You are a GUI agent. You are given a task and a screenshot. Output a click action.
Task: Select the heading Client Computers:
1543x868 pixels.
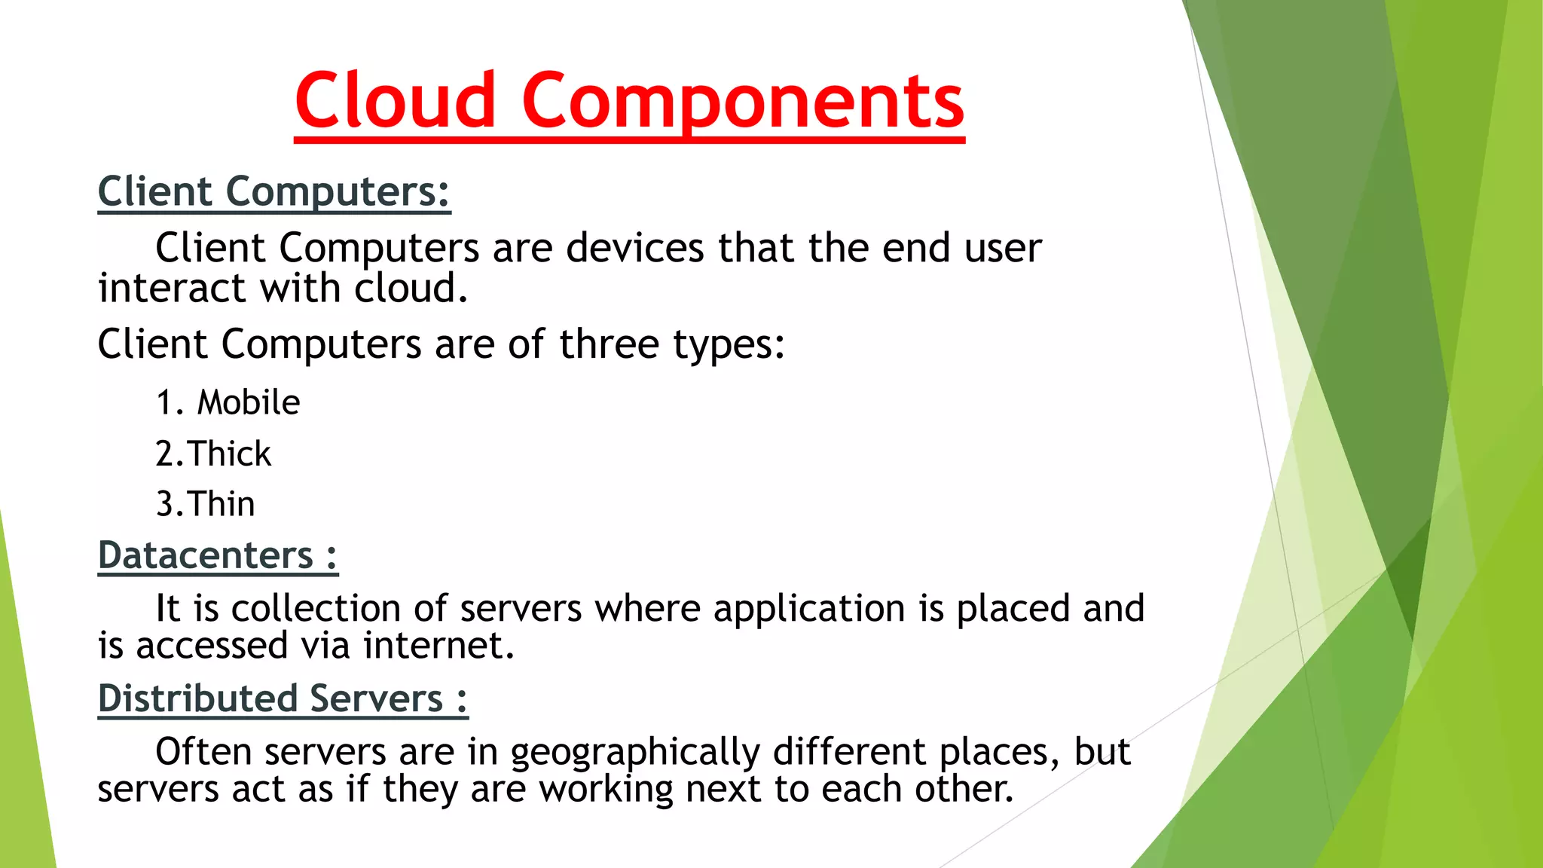273,191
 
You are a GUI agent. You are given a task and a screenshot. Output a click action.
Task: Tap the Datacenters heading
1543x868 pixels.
217,555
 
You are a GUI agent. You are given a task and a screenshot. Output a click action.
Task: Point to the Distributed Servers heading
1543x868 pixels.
283,698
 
